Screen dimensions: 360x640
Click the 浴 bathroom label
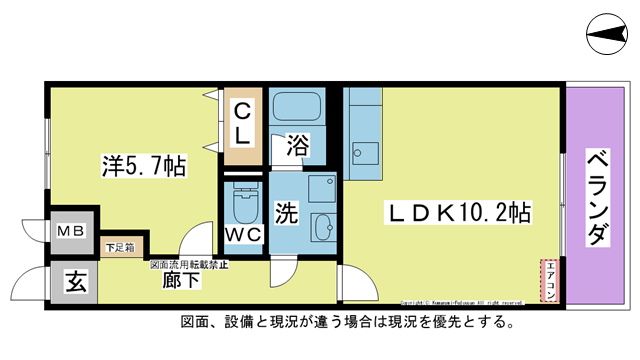coord(297,144)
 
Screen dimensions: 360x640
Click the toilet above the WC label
coord(243,203)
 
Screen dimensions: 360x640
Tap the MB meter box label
coord(71,230)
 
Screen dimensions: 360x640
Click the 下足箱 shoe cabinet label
coord(122,245)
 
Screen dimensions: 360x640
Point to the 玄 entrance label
coord(76,282)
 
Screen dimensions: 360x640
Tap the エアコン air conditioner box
coord(548,280)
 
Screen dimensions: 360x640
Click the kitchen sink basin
coord(362,154)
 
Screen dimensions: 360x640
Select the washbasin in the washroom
coord(323,226)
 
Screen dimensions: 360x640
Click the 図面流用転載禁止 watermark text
coord(189,265)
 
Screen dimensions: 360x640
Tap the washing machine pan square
coord(321,190)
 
